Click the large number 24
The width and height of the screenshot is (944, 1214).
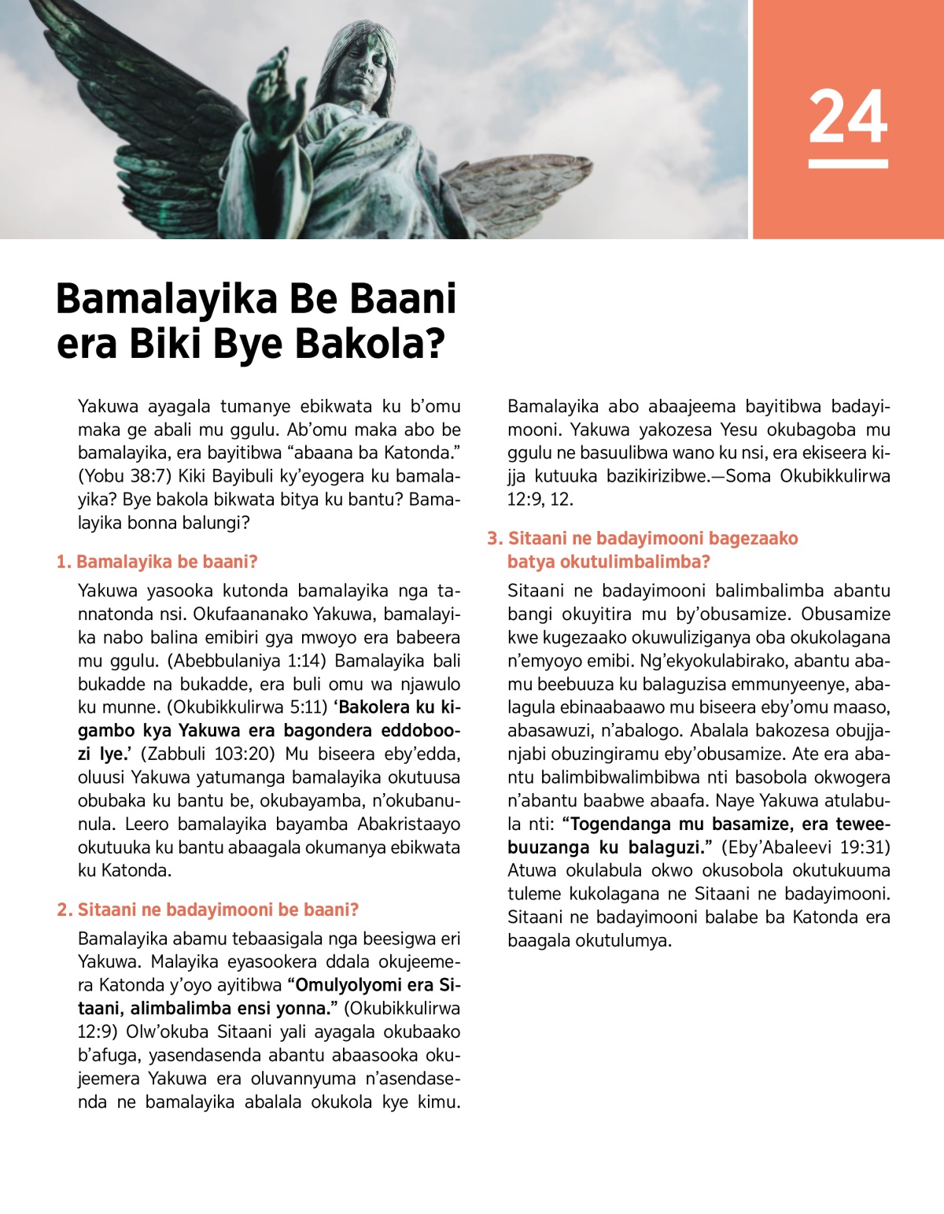[x=848, y=117]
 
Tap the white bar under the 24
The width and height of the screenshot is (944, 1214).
[x=848, y=164]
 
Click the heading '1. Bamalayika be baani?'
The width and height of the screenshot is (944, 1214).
[x=157, y=562]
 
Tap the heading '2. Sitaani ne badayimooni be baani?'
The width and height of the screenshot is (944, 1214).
[x=208, y=910]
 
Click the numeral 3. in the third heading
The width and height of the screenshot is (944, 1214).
[x=494, y=538]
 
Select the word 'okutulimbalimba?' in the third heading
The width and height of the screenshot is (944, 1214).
[x=609, y=562]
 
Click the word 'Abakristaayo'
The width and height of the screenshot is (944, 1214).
[x=409, y=824]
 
